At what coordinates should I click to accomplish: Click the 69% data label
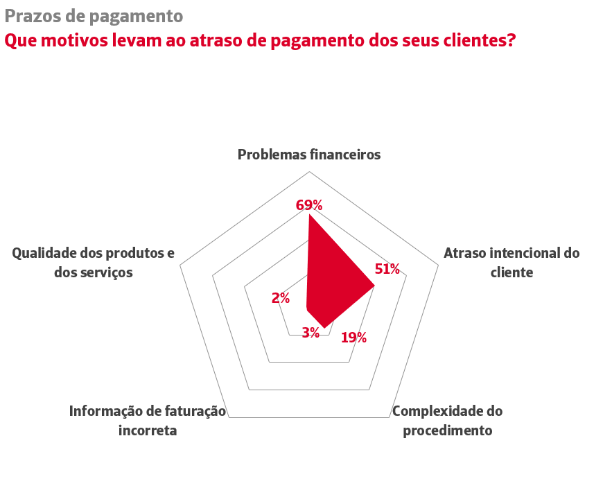309,205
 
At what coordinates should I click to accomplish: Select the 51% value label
387,269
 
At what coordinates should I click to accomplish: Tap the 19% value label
353,338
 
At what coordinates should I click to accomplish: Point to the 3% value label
311,333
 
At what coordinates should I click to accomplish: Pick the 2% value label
281,298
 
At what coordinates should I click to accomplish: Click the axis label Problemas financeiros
309,155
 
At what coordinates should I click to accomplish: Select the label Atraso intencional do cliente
512,262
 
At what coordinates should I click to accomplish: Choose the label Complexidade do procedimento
448,420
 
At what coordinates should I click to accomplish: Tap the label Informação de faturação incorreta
148,420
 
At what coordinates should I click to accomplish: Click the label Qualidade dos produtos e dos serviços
94,262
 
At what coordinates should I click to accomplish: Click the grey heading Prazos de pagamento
94,15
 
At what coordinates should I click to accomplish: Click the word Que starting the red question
21,40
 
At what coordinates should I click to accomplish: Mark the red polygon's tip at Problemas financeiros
309,215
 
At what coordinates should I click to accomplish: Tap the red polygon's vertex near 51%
374,286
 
